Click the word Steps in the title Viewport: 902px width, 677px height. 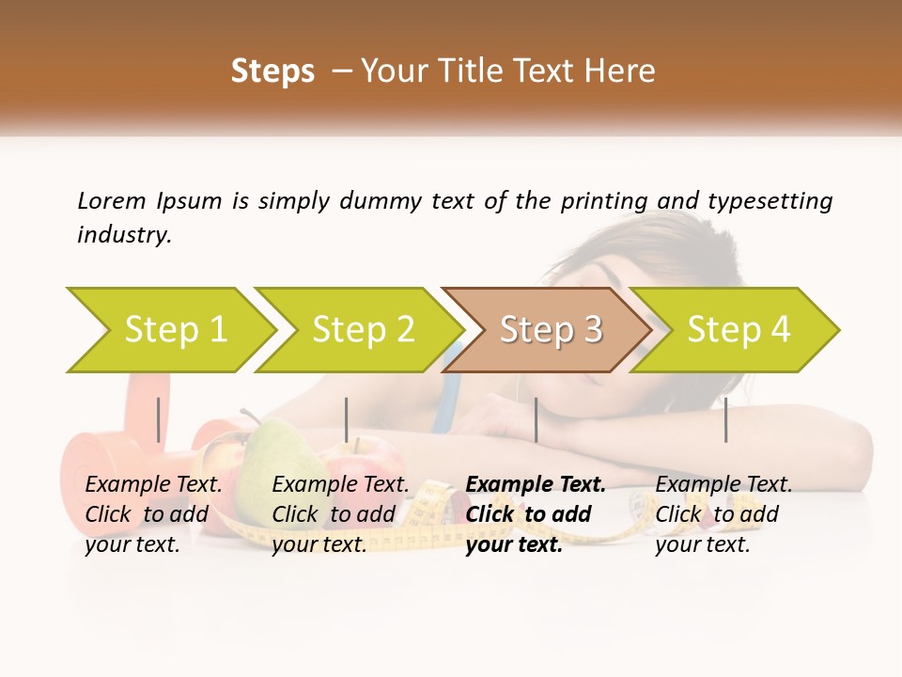pyautogui.click(x=272, y=71)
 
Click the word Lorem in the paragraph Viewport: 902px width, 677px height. pyautogui.click(x=111, y=200)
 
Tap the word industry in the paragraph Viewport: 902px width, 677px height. pyautogui.click(x=124, y=234)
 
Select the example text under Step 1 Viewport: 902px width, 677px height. pyautogui.click(x=153, y=513)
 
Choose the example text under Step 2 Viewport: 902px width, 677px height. pyautogui.click(x=340, y=513)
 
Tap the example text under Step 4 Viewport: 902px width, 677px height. pyautogui.click(x=723, y=513)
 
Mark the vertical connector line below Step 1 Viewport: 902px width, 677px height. pyautogui.click(x=159, y=419)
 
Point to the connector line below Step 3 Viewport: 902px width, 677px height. pyautogui.click(x=536, y=419)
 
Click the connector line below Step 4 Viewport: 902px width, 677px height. pyautogui.click(x=725, y=419)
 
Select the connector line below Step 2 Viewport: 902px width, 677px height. pyautogui.click(x=347, y=419)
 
